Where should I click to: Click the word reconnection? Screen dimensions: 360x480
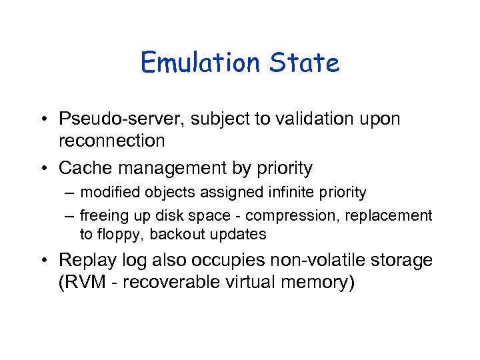[111, 141]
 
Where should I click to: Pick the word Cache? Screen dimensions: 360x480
[82, 167]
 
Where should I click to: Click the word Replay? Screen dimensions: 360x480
[83, 261]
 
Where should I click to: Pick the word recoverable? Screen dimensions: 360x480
[162, 282]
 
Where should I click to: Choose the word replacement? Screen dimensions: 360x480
[394, 216]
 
